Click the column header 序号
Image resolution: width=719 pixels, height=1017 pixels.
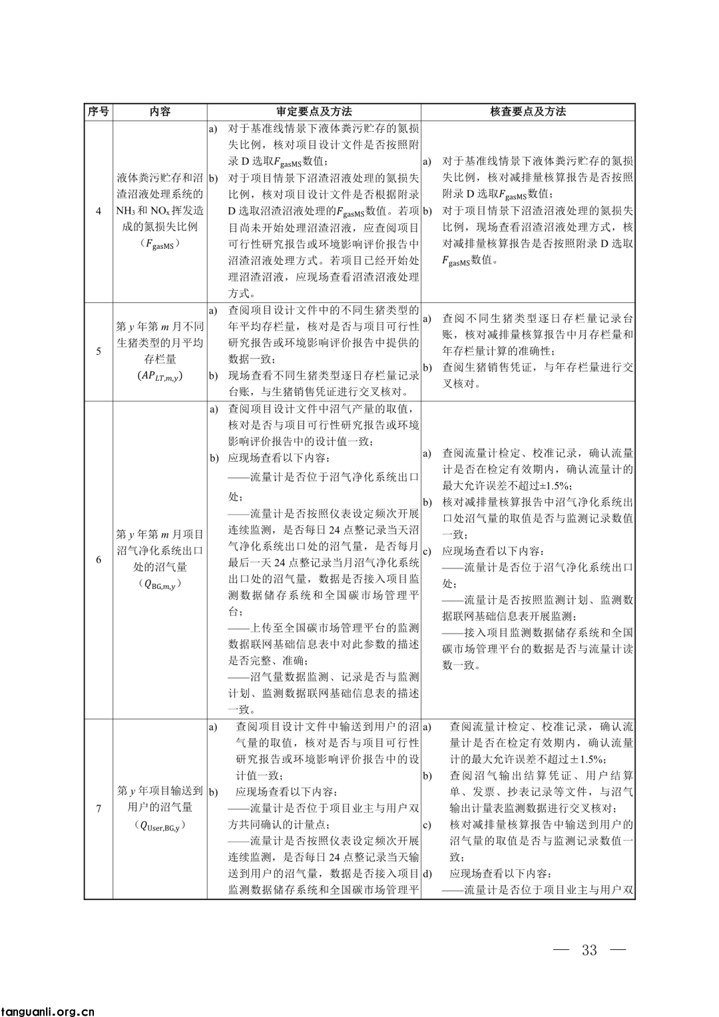98,112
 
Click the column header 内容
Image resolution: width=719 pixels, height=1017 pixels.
160,112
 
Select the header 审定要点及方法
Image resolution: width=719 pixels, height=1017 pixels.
314,112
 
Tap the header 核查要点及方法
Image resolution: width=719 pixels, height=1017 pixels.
528,112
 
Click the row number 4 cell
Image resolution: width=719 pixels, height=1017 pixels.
99,211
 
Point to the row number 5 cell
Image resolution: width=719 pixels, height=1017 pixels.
99,351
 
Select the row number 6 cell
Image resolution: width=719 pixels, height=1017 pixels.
99,560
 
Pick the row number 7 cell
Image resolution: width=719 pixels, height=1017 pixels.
99,809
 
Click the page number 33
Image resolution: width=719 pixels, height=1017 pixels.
589,950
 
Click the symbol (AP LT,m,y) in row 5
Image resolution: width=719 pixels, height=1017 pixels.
160,375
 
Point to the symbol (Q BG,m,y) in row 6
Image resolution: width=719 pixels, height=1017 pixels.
160,584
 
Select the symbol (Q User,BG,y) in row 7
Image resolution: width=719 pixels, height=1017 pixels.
160,825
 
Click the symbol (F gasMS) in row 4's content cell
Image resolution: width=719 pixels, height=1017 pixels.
160,244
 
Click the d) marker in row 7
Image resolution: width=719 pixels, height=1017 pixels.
427,873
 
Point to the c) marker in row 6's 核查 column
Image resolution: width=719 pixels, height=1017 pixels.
427,551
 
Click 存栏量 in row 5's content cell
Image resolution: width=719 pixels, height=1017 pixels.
160,359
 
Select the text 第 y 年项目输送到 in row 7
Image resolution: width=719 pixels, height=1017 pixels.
160,791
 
